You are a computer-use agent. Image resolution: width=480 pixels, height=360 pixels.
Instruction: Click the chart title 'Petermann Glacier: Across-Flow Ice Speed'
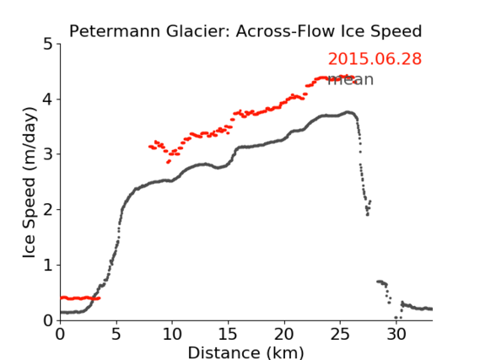(x=245, y=31)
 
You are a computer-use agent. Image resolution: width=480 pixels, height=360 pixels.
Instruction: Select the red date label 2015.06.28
(x=375, y=59)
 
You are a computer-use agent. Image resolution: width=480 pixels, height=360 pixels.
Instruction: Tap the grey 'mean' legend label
(x=351, y=79)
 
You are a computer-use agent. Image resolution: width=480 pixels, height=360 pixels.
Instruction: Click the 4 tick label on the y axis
(x=48, y=99)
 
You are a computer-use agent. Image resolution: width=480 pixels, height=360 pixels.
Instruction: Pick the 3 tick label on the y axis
(x=48, y=154)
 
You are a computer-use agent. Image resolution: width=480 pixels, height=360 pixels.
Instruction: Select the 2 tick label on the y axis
(x=48, y=210)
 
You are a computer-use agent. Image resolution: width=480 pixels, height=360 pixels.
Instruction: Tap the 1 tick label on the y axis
(x=48, y=266)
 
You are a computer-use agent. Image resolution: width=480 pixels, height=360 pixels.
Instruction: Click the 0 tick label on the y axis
(x=48, y=320)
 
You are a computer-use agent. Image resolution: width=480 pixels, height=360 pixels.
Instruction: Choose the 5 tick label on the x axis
(x=116, y=334)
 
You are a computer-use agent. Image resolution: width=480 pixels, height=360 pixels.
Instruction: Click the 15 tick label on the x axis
(x=228, y=334)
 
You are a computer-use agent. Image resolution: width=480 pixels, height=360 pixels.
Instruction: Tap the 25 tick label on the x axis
(x=340, y=334)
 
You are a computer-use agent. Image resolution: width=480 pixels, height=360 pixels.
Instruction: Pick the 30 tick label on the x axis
(x=396, y=334)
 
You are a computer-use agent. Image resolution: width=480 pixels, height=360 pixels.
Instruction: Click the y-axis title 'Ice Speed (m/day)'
(x=30, y=182)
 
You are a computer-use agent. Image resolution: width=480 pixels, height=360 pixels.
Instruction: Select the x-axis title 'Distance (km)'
(x=245, y=352)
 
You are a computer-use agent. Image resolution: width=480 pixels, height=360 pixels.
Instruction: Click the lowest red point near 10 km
(x=168, y=162)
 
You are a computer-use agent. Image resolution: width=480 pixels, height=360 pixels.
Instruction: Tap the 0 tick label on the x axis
(x=60, y=334)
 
